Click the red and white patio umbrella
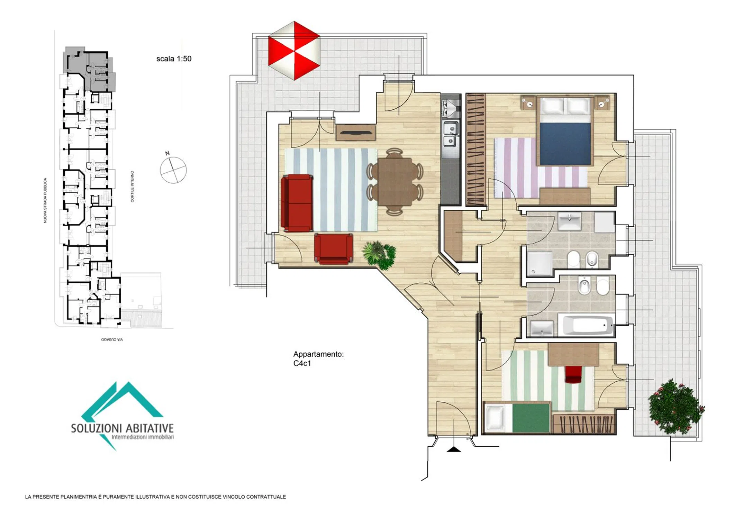click(294, 51)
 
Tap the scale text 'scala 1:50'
click(174, 59)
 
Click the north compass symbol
click(173, 169)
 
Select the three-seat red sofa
click(297, 203)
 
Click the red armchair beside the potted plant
click(334, 248)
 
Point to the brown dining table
click(395, 182)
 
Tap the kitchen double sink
click(451, 134)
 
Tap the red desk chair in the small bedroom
click(574, 374)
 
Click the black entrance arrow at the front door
click(454, 449)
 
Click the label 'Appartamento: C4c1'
click(318, 358)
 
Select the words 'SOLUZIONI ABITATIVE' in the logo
click(122, 428)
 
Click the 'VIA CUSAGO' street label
click(112, 339)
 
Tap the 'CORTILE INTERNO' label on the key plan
click(132, 186)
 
